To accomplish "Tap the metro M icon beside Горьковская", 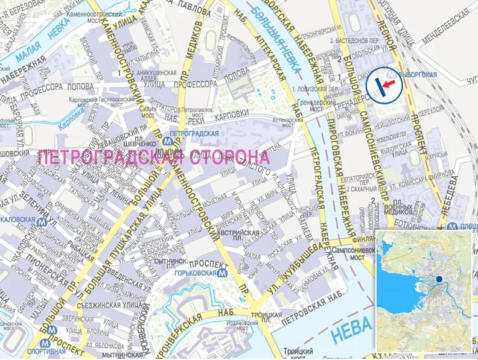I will tap(223, 273).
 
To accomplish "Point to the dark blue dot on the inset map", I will tap(439, 279).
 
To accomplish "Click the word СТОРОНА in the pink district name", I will tap(230, 157).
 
